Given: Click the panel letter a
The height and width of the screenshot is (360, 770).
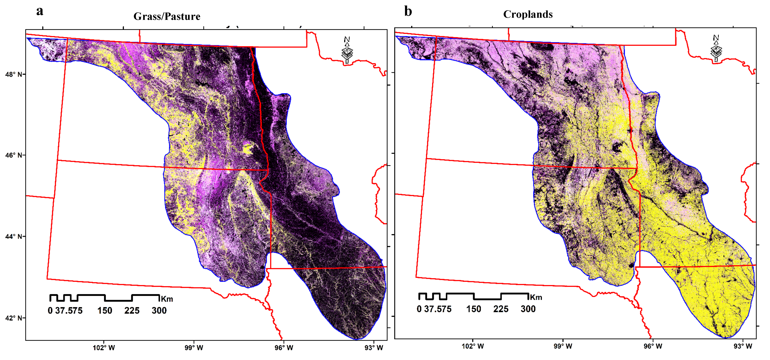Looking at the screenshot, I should [40, 11].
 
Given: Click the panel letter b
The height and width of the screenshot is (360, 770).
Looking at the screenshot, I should [408, 11].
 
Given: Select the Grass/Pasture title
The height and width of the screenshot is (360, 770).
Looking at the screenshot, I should [167, 16].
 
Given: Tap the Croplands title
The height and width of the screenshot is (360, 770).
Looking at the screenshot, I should [528, 14].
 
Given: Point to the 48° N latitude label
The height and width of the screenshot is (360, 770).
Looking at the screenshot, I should [14, 74].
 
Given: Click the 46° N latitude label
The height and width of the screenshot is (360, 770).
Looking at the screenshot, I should [14, 155].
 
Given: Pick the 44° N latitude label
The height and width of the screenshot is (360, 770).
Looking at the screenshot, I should [14, 236].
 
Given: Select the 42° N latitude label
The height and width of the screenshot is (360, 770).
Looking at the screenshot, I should [14, 318].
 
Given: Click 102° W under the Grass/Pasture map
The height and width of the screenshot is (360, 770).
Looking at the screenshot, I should [104, 347].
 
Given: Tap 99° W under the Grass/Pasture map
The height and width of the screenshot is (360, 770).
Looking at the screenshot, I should [194, 347].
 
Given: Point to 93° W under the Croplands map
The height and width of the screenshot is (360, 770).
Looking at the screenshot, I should [743, 346].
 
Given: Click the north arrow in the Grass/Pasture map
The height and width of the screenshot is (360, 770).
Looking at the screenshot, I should [347, 50].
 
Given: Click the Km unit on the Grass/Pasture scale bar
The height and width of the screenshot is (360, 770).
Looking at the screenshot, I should [167, 299].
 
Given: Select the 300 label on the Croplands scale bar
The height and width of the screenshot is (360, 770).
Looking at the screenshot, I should [528, 309].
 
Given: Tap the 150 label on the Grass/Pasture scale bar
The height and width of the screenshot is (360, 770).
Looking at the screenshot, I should [105, 310].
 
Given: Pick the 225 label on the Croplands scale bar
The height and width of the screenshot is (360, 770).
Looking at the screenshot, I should [501, 309].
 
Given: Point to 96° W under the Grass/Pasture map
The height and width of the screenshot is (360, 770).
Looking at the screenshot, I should [284, 347].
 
